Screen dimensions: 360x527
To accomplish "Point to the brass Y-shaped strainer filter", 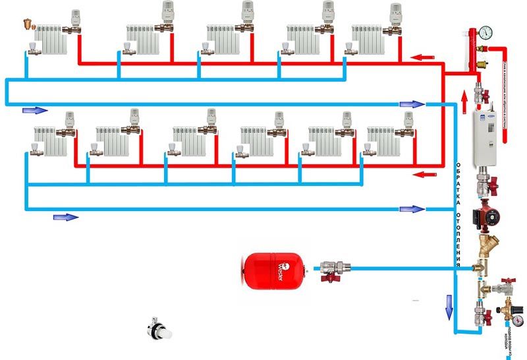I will tap(488, 249).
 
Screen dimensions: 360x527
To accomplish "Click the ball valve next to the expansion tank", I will tap(327, 270).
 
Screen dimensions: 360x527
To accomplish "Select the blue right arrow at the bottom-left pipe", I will tap(65, 217).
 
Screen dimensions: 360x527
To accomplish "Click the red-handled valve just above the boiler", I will tap(479, 88).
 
